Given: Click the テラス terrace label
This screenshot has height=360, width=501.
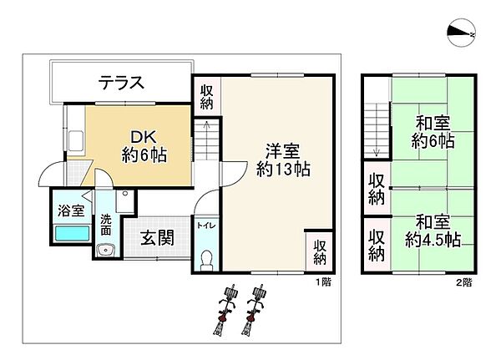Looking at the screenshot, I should click(x=122, y=83).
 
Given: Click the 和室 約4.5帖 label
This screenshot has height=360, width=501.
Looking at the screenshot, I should click(x=433, y=231).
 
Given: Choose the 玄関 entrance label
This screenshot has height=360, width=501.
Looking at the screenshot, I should click(x=156, y=239).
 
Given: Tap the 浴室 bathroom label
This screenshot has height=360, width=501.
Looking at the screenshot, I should click(x=70, y=211).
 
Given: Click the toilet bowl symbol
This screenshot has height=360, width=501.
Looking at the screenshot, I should click(x=206, y=260).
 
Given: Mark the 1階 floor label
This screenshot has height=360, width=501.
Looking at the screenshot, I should click(x=323, y=282).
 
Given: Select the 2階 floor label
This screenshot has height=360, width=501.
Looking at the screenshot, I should click(x=463, y=282).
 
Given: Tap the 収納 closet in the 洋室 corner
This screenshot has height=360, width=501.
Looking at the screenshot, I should click(x=320, y=251).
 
